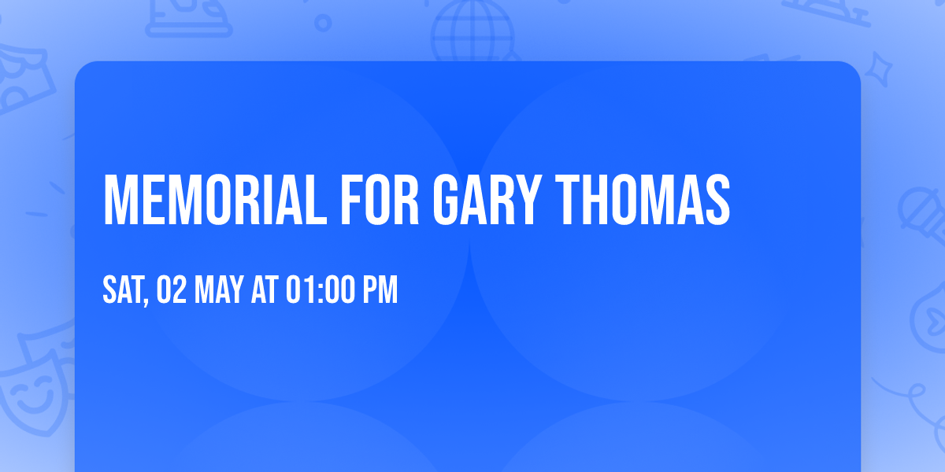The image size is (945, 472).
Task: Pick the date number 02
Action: (x=170, y=290)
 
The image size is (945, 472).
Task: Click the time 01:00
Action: (x=320, y=290)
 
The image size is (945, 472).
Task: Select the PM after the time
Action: (x=380, y=290)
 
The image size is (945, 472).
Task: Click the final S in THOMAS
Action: (x=717, y=200)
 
